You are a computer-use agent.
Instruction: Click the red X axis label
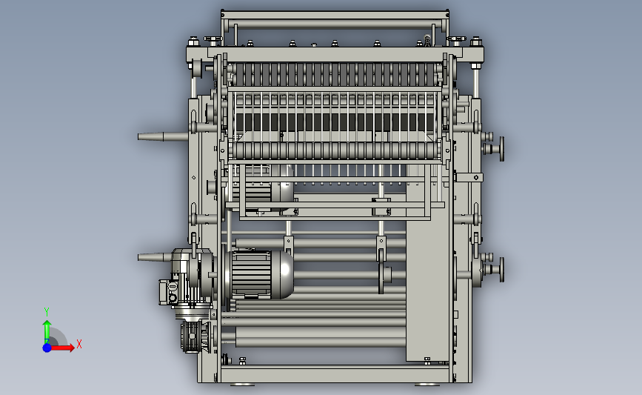(x=79, y=344)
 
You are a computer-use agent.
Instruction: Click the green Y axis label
(x=47, y=312)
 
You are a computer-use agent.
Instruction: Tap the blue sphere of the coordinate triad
(x=47, y=348)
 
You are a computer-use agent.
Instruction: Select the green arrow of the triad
(x=47, y=332)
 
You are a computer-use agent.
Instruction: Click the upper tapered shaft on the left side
(x=163, y=136)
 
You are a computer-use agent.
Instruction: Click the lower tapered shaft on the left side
(x=155, y=257)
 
